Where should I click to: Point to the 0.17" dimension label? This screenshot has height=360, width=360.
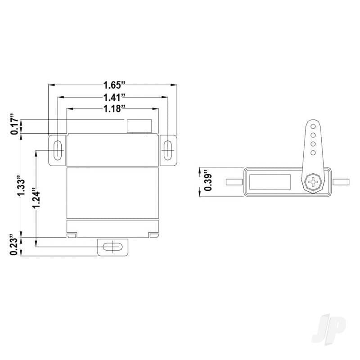16,126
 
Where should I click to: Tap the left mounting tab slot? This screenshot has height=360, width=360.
57,149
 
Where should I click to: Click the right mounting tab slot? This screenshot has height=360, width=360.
167,149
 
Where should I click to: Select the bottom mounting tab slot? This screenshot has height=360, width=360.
112,247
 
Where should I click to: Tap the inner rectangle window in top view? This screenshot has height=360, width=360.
270,182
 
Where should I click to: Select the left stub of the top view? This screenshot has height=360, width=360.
235,182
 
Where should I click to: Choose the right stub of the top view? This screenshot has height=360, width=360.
341,182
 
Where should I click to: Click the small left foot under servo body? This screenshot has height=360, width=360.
71,234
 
